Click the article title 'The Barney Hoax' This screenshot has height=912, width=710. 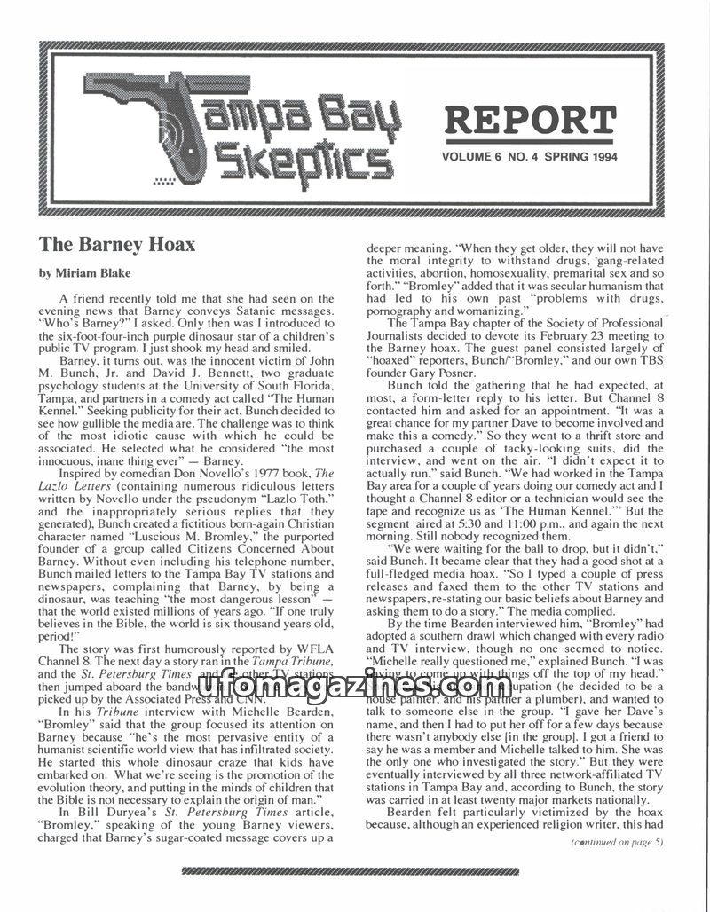click(116, 243)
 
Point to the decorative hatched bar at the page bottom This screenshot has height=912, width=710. click(355, 872)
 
